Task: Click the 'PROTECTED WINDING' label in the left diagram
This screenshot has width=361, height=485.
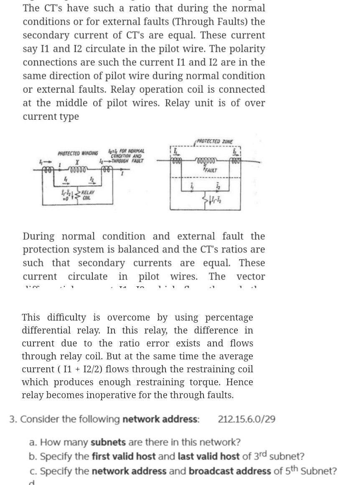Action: click(78, 153)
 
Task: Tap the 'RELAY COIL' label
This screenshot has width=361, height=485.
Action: click(87, 195)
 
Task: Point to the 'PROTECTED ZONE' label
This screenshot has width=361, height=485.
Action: click(215, 142)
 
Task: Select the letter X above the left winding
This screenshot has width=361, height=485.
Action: click(77, 162)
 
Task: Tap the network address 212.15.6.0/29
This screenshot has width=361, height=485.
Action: click(247, 419)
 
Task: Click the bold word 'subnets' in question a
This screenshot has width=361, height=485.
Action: click(108, 442)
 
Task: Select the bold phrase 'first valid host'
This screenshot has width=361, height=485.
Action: click(124, 456)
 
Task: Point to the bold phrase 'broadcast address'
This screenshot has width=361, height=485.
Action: click(230, 471)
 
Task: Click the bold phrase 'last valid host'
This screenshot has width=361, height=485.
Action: click(208, 456)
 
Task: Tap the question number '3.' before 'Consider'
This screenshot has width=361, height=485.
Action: click(13, 419)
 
